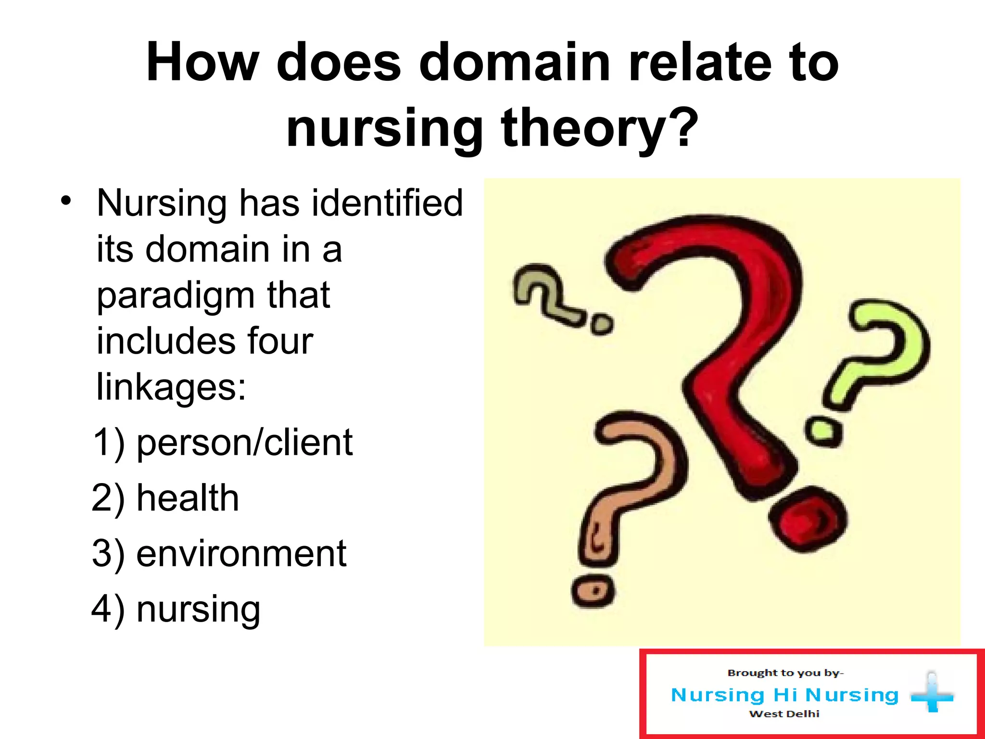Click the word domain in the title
coord(515,63)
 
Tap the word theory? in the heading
coord(599,128)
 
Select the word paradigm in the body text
coord(175,296)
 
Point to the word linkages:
coord(171,386)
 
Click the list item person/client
coord(244,443)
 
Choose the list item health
coord(188,498)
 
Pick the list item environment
coord(241,553)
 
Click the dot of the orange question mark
coord(594,590)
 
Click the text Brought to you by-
coord(785,673)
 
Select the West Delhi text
coord(784,714)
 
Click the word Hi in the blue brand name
coord(785,695)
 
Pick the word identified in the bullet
coord(387,203)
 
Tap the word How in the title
coord(202,63)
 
